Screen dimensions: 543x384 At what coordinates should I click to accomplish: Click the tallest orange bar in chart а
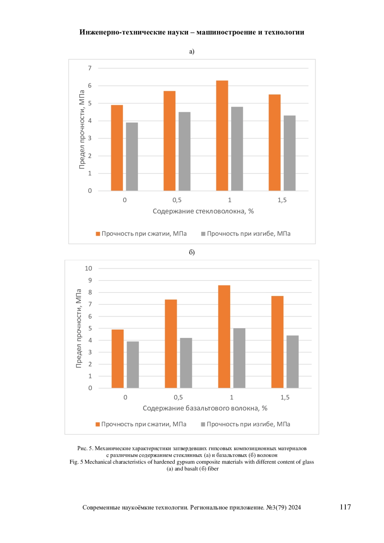pyautogui.click(x=222, y=136)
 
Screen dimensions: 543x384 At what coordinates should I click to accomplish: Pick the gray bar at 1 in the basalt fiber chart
pyautogui.click(x=239, y=358)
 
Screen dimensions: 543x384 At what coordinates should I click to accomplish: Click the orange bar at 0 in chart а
pyautogui.click(x=117, y=148)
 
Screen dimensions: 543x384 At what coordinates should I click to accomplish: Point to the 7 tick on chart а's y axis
pyautogui.click(x=90, y=68)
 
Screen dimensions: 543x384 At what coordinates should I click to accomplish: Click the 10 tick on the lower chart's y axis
pyautogui.click(x=88, y=268)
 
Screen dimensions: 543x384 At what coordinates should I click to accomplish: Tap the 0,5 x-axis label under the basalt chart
pyautogui.click(x=178, y=397)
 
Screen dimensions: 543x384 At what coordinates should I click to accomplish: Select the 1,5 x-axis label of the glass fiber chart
pyautogui.click(x=282, y=200)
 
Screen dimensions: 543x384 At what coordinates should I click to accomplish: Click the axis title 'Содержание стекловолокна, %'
pyautogui.click(x=203, y=211)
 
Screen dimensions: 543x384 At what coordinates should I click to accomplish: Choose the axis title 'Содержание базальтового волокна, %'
pyautogui.click(x=205, y=408)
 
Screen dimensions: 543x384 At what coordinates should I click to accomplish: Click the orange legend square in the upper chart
pyautogui.click(x=98, y=234)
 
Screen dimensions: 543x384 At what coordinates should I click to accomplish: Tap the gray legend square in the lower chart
pyautogui.click(x=203, y=424)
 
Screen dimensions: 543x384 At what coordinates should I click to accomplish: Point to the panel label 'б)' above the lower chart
pyautogui.click(x=192, y=252)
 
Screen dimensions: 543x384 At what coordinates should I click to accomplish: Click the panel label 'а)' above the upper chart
pyautogui.click(x=192, y=52)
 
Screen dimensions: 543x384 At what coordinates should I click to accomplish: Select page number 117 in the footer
pyautogui.click(x=345, y=507)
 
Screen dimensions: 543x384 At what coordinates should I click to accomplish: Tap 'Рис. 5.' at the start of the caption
pyautogui.click(x=85, y=449)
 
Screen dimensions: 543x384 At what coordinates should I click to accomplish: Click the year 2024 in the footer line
pyautogui.click(x=294, y=507)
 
